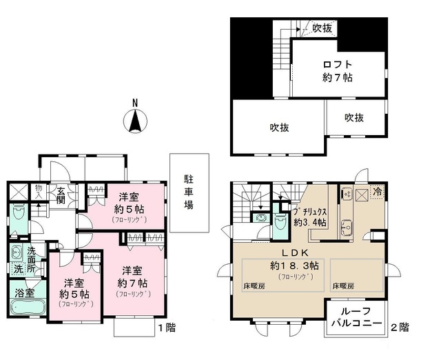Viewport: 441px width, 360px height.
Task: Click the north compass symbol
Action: tap(136, 123)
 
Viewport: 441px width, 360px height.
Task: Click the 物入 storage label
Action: tap(39, 190)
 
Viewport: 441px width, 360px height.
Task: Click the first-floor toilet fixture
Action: tap(17, 217)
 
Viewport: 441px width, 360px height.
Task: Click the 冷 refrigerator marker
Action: tap(378, 192)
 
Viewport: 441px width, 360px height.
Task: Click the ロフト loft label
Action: tap(338, 66)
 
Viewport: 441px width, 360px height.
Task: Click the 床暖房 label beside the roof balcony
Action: tap(344, 284)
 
